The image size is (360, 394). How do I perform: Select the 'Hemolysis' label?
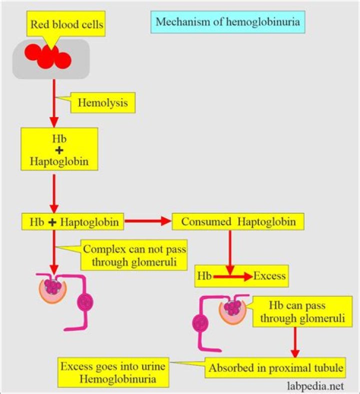click(x=103, y=104)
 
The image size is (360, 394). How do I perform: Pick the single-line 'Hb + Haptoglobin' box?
click(x=72, y=222)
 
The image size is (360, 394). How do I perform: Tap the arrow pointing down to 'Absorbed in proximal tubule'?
click(x=295, y=343)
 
